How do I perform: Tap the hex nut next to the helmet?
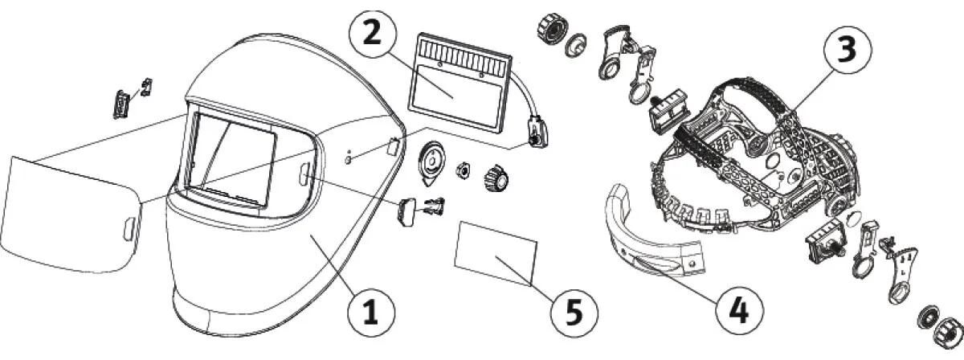click(463, 170)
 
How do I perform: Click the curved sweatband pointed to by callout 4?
click(643, 230)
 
